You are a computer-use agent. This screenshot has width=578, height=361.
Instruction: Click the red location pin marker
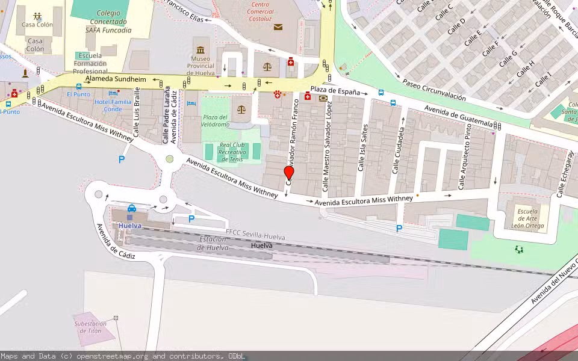coord(289,173)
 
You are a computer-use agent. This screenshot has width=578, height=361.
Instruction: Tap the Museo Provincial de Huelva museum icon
coord(200,49)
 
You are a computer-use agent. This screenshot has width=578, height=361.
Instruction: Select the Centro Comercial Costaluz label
coord(261,11)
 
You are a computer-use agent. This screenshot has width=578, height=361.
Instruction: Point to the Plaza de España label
coord(335,91)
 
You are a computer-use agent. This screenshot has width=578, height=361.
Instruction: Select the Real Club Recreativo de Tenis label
coord(232,152)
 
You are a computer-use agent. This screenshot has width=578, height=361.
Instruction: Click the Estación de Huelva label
coord(213,243)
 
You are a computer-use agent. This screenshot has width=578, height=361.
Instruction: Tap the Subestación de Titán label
coord(90,327)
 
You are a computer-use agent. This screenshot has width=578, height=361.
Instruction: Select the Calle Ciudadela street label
coord(397,150)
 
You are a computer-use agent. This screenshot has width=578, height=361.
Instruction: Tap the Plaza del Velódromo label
coord(215,120)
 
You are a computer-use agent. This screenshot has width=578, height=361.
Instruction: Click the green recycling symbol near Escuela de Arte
coord(519,248)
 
